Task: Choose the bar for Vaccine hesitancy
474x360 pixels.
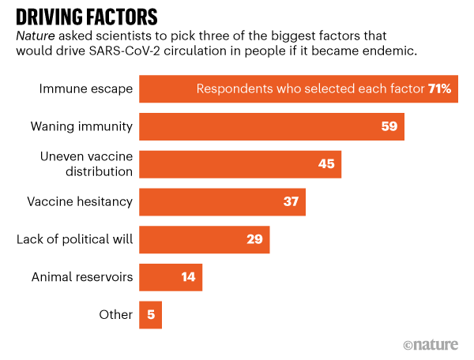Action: (222, 201)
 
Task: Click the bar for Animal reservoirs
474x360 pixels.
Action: (170, 277)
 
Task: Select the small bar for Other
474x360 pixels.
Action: (150, 314)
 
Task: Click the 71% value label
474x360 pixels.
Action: (439, 89)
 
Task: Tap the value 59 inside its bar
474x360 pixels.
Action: (388, 126)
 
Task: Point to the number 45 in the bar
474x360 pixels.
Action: (325, 163)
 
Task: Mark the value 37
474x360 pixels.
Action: (290, 201)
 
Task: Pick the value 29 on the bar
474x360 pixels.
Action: (254, 239)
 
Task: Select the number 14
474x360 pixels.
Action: (186, 277)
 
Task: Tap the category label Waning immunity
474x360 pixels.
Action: (81, 126)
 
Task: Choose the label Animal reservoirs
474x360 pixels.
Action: (82, 277)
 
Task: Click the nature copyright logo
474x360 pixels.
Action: (434, 345)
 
